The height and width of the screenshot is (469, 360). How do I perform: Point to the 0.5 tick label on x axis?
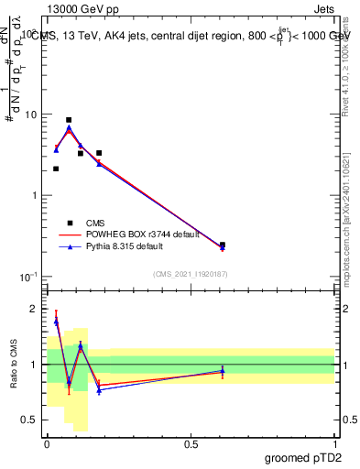coord(191,444)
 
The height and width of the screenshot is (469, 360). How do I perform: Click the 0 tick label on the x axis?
coord(47,444)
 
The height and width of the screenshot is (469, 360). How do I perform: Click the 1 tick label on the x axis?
coord(334,444)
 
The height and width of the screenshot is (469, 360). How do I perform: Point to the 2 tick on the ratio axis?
coord(33,309)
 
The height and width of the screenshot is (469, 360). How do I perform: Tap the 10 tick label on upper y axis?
coord(28,115)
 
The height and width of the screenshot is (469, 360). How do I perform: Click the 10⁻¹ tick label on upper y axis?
coord(27,277)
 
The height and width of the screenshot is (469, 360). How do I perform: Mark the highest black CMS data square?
coord(69,120)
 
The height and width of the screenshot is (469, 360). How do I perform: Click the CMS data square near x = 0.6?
coord(223,245)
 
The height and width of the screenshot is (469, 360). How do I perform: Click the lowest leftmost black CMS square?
coord(56,169)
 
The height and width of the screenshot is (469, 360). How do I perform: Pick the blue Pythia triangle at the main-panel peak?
coord(69,128)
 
